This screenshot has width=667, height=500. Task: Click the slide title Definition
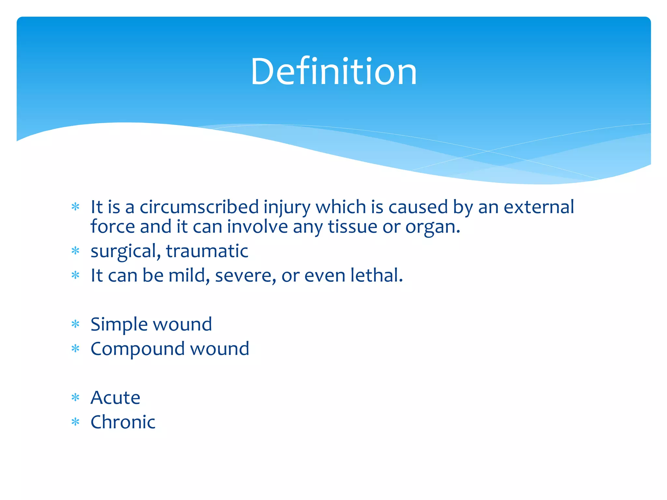[333, 72]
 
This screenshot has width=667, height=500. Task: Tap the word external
[539, 207]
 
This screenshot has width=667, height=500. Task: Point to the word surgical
[125, 251]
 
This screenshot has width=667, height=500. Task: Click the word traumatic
[207, 251]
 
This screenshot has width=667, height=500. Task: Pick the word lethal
[376, 275]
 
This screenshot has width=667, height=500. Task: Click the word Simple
[119, 324]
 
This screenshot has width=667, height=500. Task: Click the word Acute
[115, 397]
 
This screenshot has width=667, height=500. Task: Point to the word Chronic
[123, 422]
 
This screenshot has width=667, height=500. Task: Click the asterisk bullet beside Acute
[76, 397]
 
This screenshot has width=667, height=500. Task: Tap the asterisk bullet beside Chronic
[76, 422]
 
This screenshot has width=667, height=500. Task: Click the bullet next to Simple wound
[76, 324]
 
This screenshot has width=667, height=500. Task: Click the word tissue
[352, 227]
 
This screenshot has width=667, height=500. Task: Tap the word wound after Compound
[220, 349]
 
